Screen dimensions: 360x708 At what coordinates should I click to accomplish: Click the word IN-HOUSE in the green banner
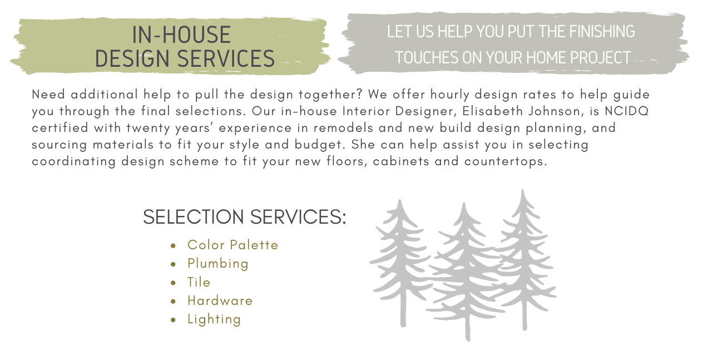pyautogui.click(x=181, y=35)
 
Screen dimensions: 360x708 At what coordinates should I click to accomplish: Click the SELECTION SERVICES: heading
pyautogui.click(x=244, y=217)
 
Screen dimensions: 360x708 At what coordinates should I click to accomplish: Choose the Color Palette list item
pyautogui.click(x=232, y=245)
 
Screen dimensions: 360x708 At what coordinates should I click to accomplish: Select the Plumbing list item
pyautogui.click(x=218, y=263)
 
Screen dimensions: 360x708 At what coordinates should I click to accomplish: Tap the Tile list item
pyautogui.click(x=199, y=282)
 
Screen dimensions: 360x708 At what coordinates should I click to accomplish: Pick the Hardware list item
pyautogui.click(x=220, y=300)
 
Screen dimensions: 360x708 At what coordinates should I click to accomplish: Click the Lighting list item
pyautogui.click(x=214, y=319)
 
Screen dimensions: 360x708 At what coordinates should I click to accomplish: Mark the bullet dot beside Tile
pyautogui.click(x=174, y=283)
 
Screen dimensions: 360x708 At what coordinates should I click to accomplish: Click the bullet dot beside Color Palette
pyautogui.click(x=174, y=245)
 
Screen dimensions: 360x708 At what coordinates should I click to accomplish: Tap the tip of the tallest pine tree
pyautogui.click(x=522, y=191)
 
